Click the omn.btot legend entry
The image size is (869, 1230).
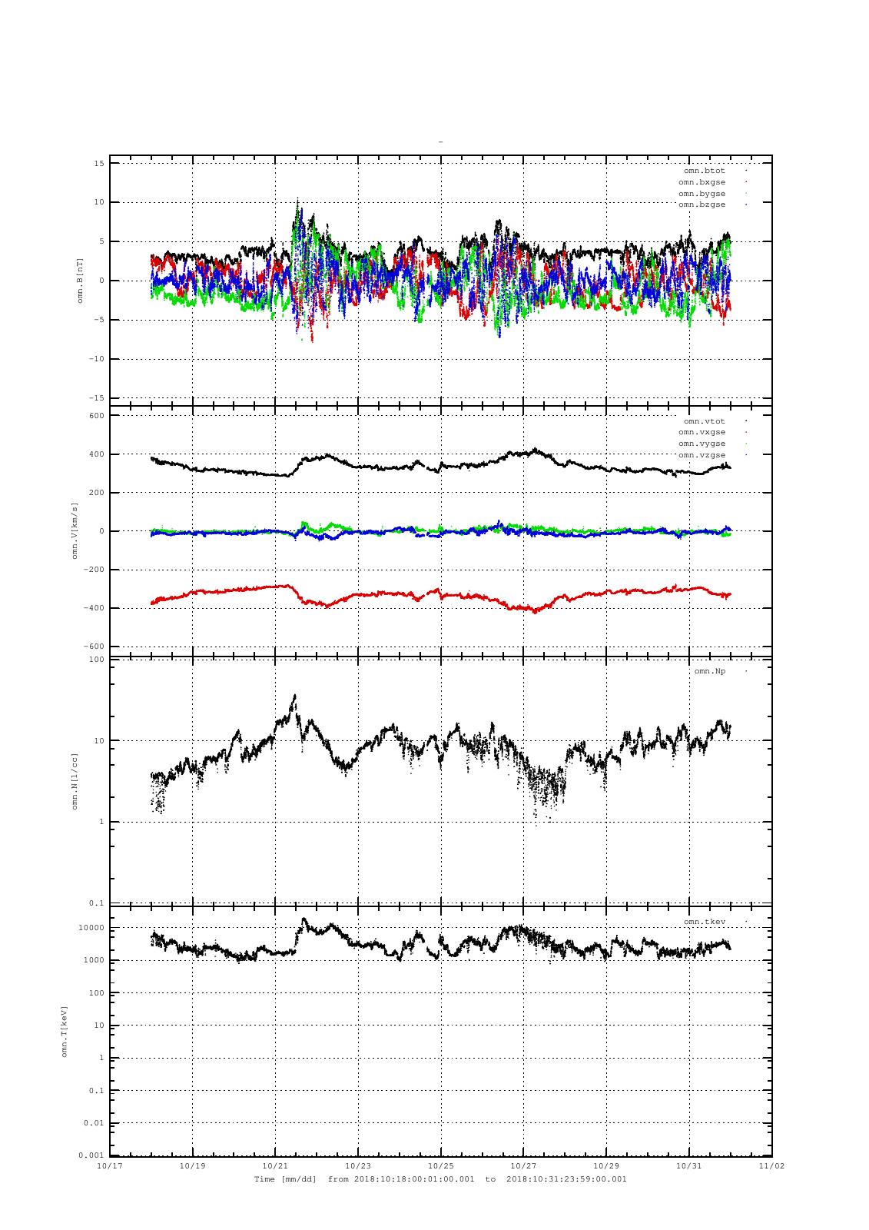(x=704, y=171)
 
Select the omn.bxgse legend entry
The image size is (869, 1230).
(x=702, y=182)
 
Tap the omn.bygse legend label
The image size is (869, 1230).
(x=702, y=194)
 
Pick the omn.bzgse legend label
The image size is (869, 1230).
(x=702, y=204)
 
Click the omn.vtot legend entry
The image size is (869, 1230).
(x=704, y=421)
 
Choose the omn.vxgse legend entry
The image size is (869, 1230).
(x=702, y=432)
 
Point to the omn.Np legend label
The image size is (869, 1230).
(x=709, y=671)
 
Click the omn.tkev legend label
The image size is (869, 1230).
(x=704, y=921)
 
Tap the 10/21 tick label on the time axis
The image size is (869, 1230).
(x=275, y=1165)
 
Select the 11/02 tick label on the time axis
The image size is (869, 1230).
(x=771, y=1165)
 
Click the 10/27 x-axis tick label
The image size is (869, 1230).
(x=523, y=1165)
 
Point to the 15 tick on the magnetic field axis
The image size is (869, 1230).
(x=99, y=163)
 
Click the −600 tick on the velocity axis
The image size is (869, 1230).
(x=93, y=647)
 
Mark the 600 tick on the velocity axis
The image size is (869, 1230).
(x=96, y=416)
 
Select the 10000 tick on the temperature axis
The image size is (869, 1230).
(x=92, y=928)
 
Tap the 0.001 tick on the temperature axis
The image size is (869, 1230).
(x=91, y=1155)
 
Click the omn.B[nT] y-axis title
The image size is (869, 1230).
(x=80, y=281)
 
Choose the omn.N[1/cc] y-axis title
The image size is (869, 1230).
(x=75, y=781)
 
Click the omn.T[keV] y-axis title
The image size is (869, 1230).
(x=65, y=1031)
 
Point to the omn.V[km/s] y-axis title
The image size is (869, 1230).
(x=75, y=530)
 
